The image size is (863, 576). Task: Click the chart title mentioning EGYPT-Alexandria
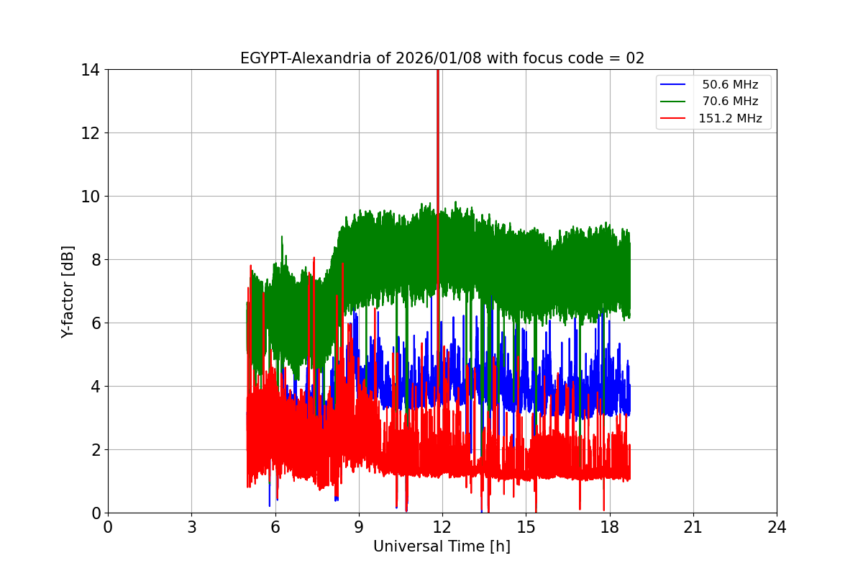[x=442, y=58]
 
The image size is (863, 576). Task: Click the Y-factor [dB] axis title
[x=68, y=291]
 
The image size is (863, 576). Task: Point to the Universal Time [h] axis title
[x=442, y=546]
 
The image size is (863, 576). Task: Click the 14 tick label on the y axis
[x=90, y=70]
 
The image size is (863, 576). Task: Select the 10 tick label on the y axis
[x=90, y=197]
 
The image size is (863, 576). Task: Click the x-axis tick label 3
[x=191, y=527]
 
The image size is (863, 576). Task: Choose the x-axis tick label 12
[x=442, y=527]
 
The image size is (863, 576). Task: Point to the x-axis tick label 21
[x=693, y=527]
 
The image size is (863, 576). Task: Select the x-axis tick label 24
[x=776, y=527]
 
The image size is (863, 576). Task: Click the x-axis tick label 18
[x=609, y=527]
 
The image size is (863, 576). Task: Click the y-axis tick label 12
[x=90, y=133]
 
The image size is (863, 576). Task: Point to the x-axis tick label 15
[x=526, y=527]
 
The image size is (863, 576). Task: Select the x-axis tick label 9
[x=358, y=527]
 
